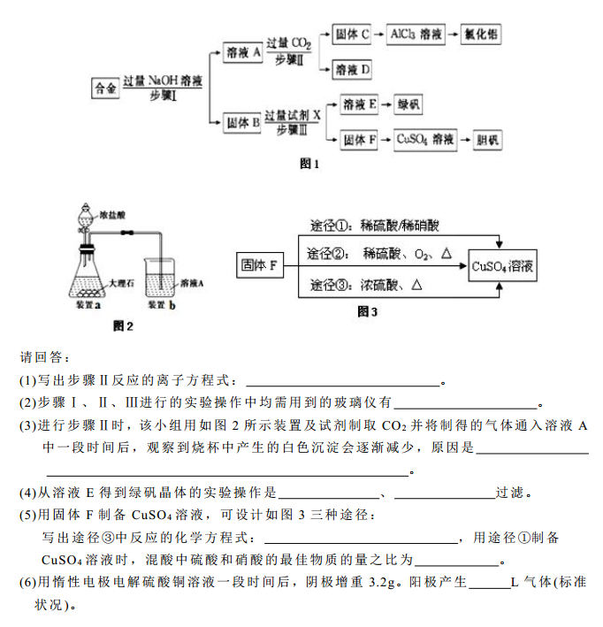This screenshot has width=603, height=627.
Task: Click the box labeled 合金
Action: tap(105, 88)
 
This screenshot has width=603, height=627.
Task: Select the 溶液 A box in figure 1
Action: tap(243, 53)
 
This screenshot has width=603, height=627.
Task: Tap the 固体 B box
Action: tap(242, 123)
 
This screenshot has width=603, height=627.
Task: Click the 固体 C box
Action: tap(353, 34)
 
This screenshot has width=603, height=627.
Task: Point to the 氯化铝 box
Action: tap(482, 34)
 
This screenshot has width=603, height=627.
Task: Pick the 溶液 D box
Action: tap(353, 69)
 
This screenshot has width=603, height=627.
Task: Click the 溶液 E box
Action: tap(359, 104)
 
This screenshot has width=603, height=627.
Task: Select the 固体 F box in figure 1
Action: tap(359, 139)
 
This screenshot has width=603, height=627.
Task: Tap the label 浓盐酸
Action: tap(114, 214)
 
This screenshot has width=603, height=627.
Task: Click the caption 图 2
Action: tap(123, 326)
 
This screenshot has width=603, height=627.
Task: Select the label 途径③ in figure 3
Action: tap(330, 285)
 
